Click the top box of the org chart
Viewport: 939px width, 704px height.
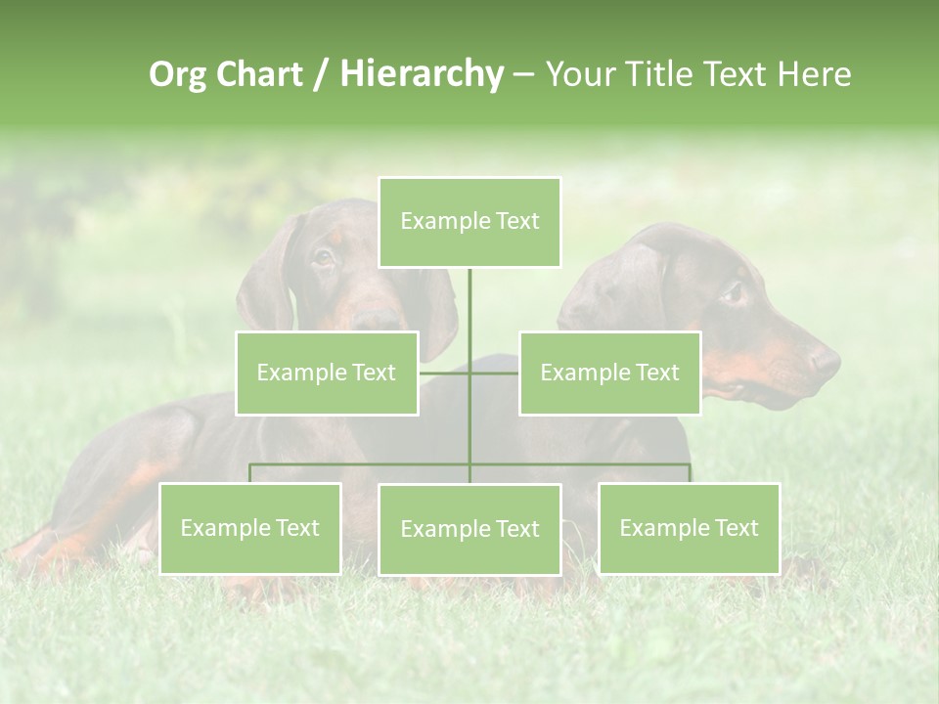(x=469, y=222)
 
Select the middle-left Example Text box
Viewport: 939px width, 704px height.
(x=327, y=373)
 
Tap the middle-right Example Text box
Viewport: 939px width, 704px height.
(x=609, y=373)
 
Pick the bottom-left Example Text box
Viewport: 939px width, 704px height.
(x=250, y=528)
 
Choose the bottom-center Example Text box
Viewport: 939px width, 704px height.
(x=469, y=529)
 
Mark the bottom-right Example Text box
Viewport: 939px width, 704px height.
(x=689, y=528)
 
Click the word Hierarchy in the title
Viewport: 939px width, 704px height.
(x=422, y=74)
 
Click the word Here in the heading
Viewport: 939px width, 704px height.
(x=813, y=74)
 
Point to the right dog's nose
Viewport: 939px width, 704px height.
(x=827, y=362)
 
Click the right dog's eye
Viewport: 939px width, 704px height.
(x=733, y=292)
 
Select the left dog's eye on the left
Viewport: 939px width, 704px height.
(x=323, y=258)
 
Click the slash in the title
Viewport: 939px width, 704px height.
(x=321, y=74)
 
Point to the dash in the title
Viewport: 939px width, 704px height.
(x=523, y=74)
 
